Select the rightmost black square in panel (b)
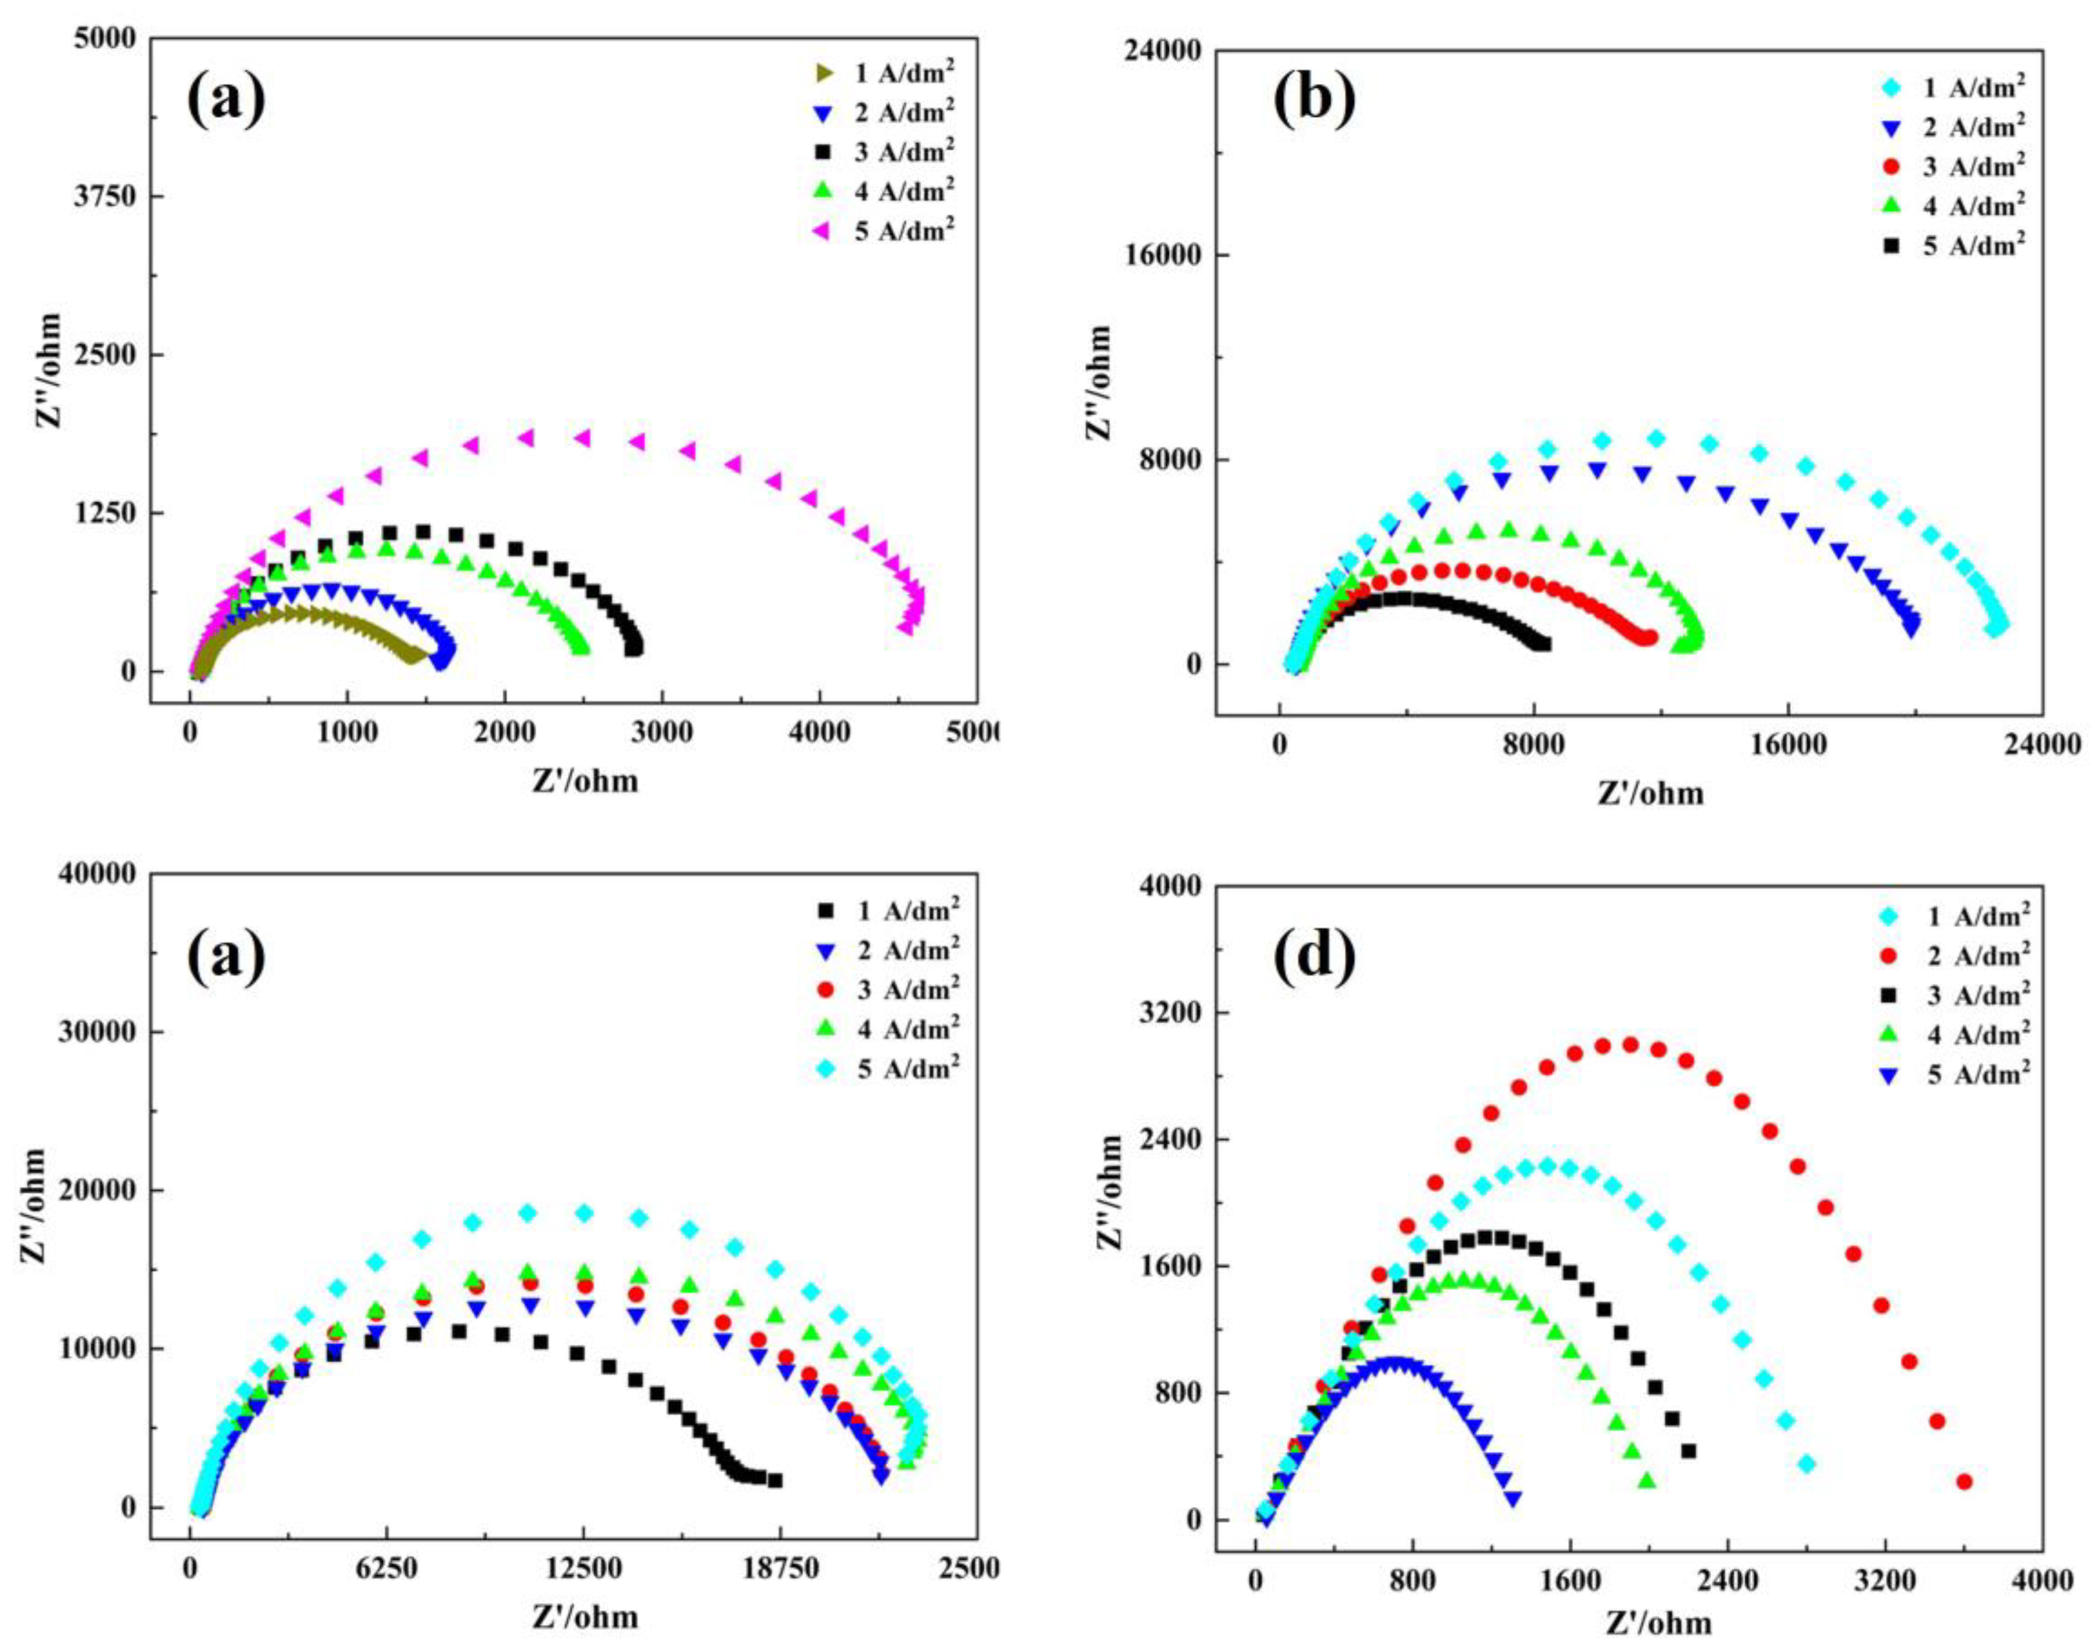(1544, 643)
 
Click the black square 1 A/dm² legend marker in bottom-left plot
(824, 910)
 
